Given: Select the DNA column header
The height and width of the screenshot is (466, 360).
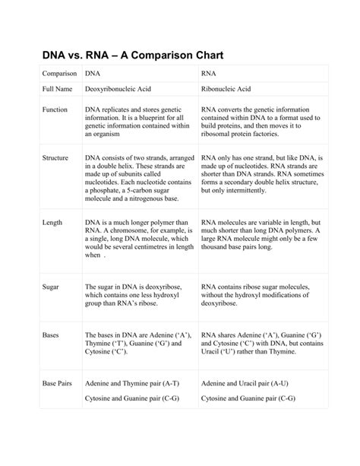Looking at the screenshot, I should (93, 74).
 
